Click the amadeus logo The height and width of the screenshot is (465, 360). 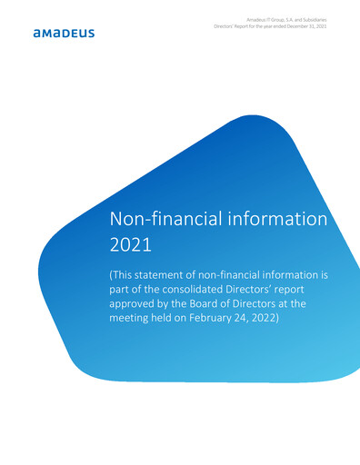(x=63, y=34)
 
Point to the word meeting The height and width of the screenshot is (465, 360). (x=134, y=325)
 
